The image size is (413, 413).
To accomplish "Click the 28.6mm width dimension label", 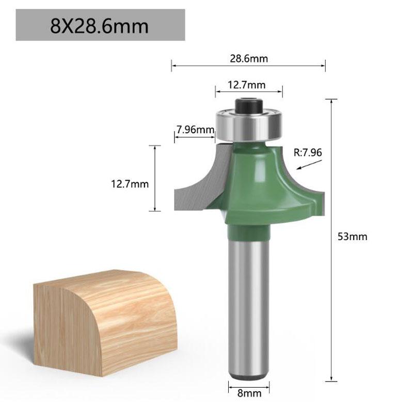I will tap(248, 58).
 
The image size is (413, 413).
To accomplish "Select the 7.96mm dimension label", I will tap(195, 130).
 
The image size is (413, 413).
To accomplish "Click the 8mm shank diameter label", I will tap(249, 393).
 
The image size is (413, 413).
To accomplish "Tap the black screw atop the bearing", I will tap(249, 105).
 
